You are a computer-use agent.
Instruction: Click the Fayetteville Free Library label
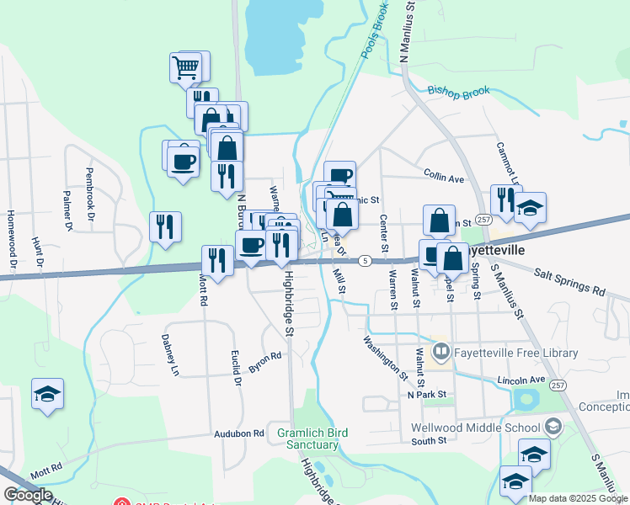(517, 353)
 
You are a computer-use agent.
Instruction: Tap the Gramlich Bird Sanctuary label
(312, 439)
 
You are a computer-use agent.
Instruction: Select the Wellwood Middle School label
(476, 427)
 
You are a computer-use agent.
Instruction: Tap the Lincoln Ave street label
(515, 380)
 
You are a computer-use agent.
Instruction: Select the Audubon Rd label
(239, 433)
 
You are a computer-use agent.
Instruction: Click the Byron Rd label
(264, 363)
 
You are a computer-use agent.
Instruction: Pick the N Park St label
(425, 394)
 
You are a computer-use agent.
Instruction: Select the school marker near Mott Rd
(47, 393)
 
